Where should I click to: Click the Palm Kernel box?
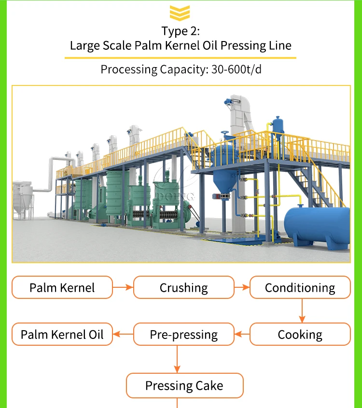[62, 288]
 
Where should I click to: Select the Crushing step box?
[183, 288]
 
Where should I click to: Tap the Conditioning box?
[300, 288]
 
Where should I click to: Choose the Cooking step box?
[300, 334]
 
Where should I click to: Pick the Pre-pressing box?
[183, 334]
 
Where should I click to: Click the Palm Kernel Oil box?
[62, 334]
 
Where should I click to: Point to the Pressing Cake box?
[184, 385]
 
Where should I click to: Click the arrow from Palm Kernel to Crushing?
[123, 288]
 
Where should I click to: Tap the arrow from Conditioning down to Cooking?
[302, 310]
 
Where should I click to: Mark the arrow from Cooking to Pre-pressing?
[241, 334]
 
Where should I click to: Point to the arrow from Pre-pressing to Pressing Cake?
[177, 359]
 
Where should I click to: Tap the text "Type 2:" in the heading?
[180, 31]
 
